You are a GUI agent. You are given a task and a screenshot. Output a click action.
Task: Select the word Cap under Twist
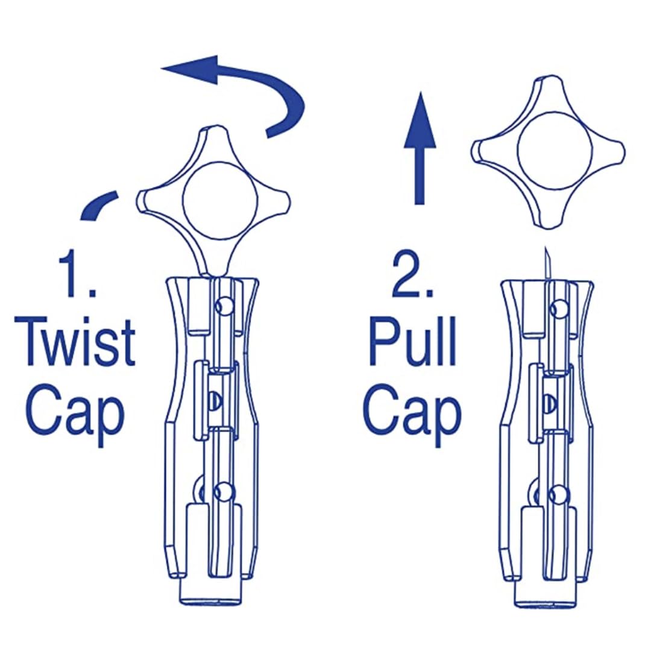click(75, 412)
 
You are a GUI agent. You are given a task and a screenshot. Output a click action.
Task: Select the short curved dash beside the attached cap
click(98, 205)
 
